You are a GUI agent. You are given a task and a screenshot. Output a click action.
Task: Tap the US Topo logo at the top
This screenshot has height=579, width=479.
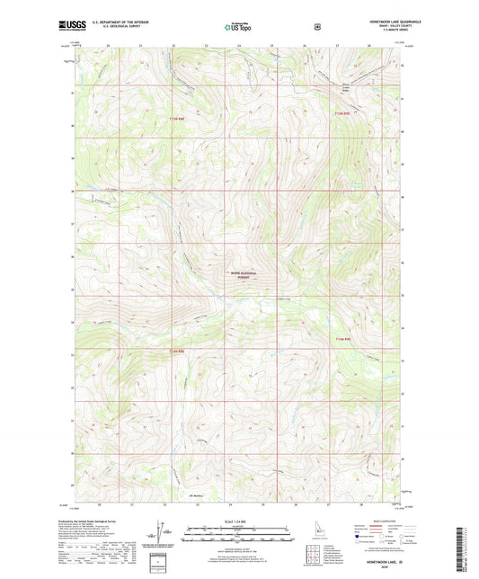(239, 28)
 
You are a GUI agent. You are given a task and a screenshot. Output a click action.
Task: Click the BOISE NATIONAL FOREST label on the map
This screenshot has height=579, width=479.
(244, 275)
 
